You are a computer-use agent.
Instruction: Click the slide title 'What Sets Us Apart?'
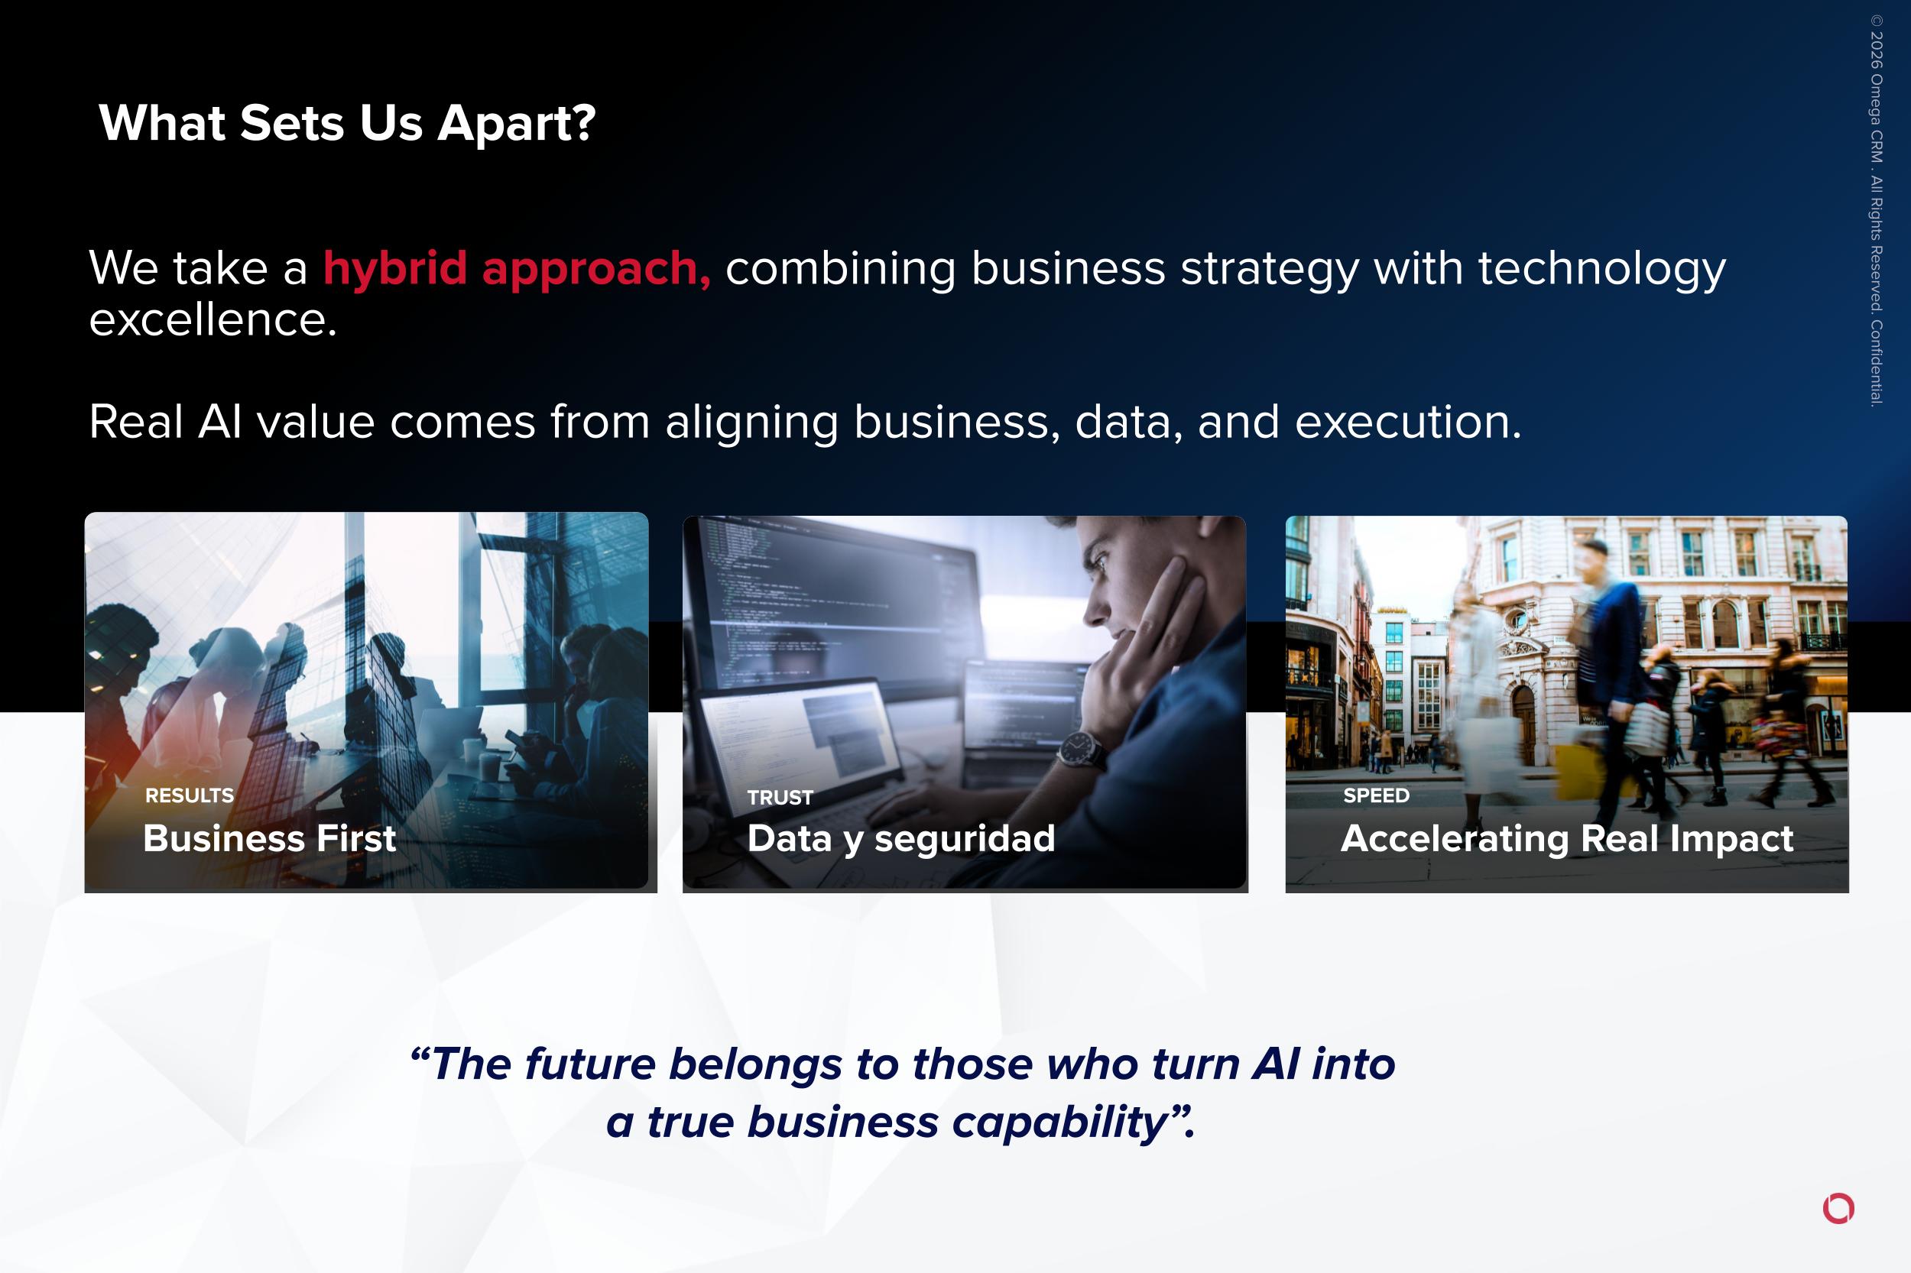[348, 124]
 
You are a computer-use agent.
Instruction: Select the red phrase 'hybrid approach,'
[517, 270]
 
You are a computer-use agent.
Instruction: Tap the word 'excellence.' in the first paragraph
[213, 320]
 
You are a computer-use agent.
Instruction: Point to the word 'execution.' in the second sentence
[1407, 422]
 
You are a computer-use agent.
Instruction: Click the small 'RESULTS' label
[190, 795]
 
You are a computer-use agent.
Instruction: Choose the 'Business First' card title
[270, 837]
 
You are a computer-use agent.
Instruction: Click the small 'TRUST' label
[780, 798]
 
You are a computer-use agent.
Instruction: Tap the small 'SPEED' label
[1376, 795]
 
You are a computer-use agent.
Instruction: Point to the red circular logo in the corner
[1838, 1208]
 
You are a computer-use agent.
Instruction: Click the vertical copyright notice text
[1876, 210]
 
